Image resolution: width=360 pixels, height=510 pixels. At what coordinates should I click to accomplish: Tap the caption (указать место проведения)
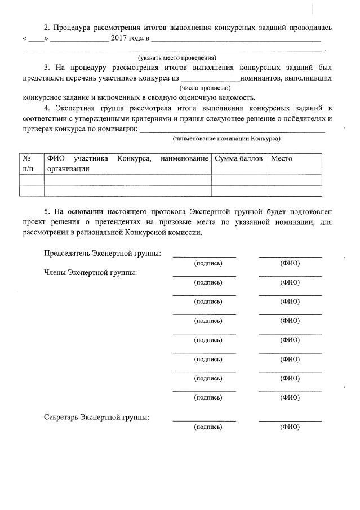coord(177,58)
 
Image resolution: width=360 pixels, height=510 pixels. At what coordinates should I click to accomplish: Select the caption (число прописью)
coord(205,88)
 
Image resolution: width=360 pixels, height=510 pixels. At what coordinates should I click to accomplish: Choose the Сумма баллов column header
coord(239,159)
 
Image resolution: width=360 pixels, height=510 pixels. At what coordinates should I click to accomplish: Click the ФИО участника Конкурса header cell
coord(127,163)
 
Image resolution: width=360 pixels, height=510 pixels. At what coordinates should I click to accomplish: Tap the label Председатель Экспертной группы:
coord(103,252)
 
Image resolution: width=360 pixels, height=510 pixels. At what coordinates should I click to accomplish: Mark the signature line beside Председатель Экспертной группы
coord(205,257)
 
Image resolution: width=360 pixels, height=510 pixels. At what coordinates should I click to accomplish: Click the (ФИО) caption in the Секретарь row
coord(290,427)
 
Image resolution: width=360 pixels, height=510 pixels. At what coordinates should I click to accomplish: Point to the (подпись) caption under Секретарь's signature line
coord(208,427)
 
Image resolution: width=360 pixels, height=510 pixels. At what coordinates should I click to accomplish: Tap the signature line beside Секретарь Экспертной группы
coord(205,421)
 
